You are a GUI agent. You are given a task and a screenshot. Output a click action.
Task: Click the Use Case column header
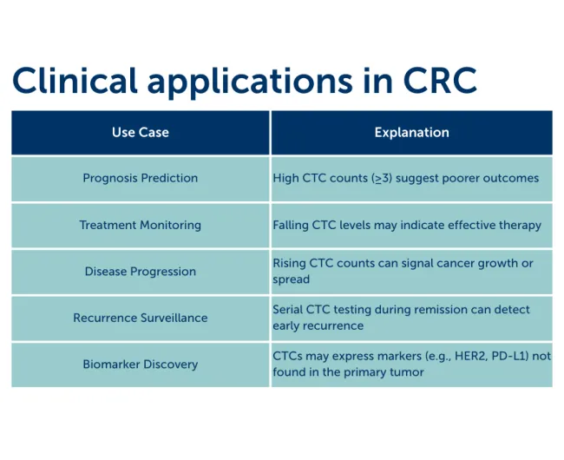pos(141,133)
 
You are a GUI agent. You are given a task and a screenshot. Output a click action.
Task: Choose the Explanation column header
pos(411,133)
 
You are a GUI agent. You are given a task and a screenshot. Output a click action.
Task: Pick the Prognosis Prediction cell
pos(141,178)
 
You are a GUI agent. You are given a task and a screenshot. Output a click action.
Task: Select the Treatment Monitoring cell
pos(141,225)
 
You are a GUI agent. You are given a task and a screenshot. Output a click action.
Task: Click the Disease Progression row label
pos(141,272)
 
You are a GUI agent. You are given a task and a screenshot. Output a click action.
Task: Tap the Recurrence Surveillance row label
pos(141,318)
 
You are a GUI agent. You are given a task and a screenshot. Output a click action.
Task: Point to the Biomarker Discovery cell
pos(141,365)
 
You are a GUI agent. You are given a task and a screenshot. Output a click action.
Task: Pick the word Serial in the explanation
pos(289,310)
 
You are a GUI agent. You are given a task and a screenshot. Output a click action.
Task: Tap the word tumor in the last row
pos(406,372)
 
